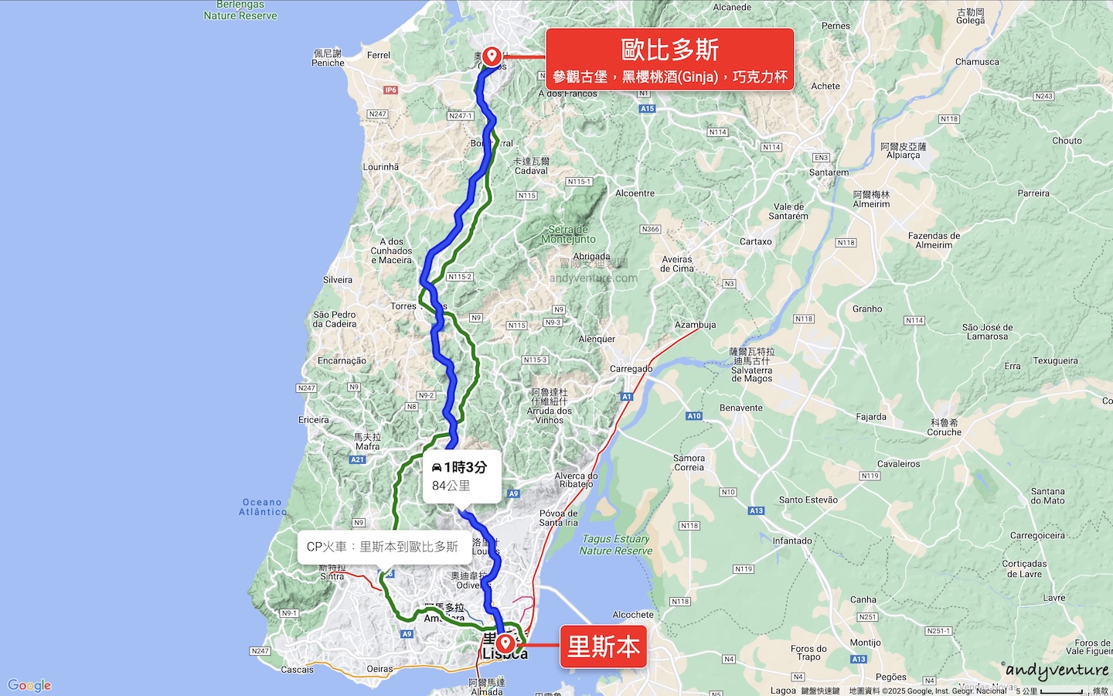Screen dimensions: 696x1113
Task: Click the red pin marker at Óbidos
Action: click(x=492, y=56)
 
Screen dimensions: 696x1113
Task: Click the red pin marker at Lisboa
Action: click(x=505, y=643)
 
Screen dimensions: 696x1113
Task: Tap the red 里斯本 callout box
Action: click(x=603, y=647)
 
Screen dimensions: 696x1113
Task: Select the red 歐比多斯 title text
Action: click(x=669, y=49)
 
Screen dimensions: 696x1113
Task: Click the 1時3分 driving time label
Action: click(x=460, y=467)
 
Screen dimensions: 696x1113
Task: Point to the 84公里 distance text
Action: click(x=451, y=486)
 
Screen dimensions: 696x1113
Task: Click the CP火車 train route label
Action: click(x=382, y=547)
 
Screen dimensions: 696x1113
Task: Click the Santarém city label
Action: click(x=829, y=172)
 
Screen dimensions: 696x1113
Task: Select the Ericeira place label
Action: click(x=314, y=420)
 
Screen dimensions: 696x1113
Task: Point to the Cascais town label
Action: click(x=297, y=670)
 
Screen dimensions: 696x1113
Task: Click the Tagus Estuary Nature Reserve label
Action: click(x=616, y=544)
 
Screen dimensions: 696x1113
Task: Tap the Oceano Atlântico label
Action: click(x=263, y=507)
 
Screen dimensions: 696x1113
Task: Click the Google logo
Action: click(x=29, y=685)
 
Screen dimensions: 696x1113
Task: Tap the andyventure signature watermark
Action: click(x=1057, y=670)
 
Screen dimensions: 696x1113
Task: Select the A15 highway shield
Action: click(x=648, y=109)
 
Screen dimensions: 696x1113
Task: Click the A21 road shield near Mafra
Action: click(x=357, y=459)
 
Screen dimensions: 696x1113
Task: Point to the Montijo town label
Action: click(x=865, y=643)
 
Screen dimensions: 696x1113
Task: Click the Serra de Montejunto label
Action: click(x=568, y=234)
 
